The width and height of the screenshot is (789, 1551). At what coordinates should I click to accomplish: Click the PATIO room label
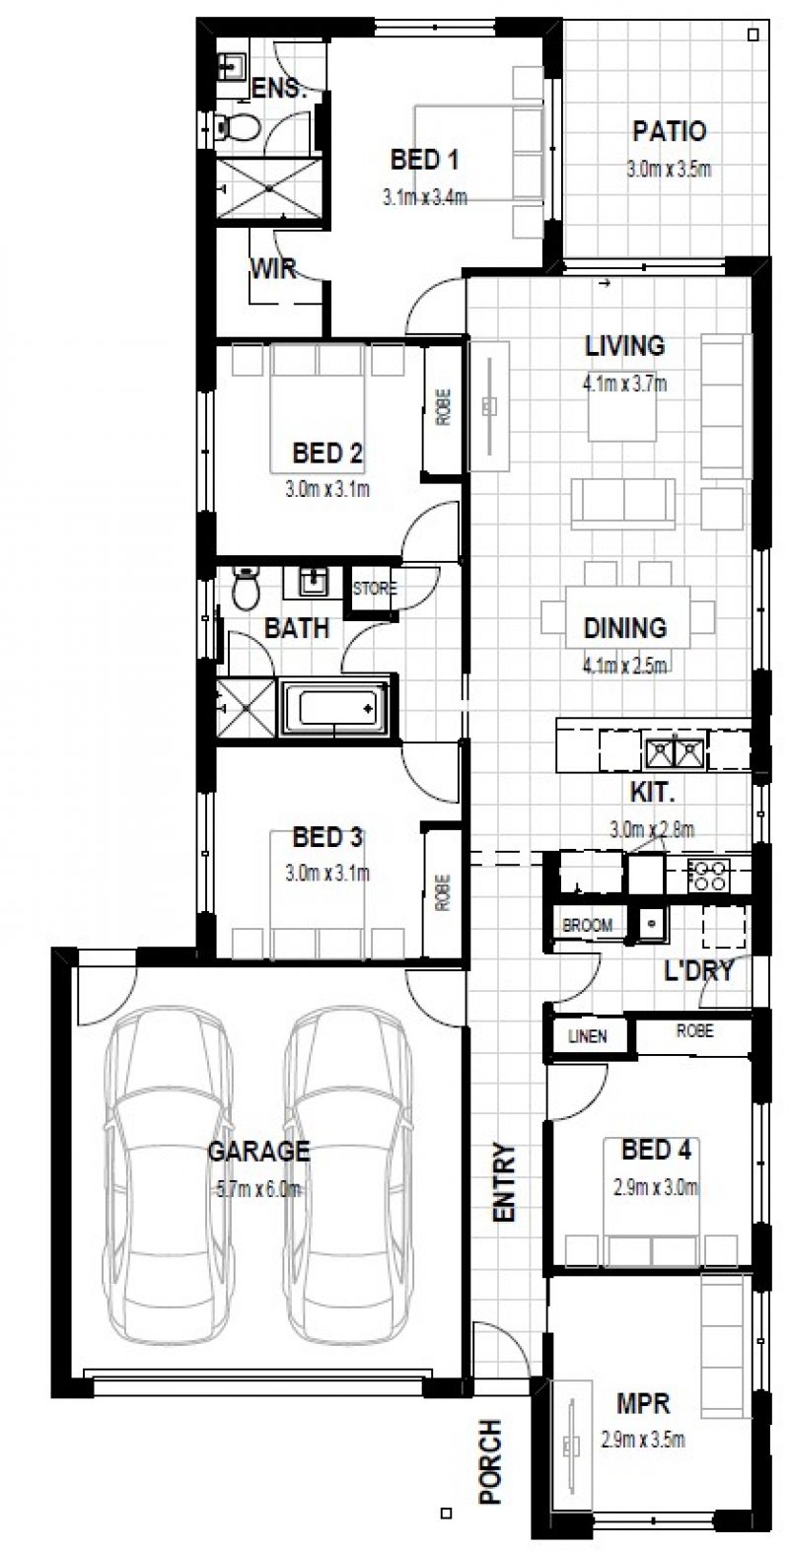[669, 131]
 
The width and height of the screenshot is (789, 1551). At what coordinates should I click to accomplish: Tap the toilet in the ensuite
[237, 125]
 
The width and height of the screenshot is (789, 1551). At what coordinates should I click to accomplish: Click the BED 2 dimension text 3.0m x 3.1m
[327, 488]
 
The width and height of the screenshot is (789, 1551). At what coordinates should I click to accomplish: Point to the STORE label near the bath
[375, 590]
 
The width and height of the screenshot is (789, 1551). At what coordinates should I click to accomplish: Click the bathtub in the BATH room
[334, 706]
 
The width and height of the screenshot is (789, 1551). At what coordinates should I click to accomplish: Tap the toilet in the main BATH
[245, 591]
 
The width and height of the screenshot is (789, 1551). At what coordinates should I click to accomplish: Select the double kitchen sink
[674, 752]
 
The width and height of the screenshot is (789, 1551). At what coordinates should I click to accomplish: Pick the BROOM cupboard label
[587, 925]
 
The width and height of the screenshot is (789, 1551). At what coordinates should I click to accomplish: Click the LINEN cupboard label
[587, 1035]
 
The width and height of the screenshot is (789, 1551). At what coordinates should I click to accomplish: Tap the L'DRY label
[698, 971]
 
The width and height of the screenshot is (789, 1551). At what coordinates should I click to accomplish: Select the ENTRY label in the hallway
[504, 1183]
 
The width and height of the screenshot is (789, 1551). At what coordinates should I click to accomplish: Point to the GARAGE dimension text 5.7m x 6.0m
[258, 1190]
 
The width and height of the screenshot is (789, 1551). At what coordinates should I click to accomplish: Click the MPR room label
[643, 1401]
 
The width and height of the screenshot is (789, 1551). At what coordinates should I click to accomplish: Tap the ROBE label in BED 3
[440, 892]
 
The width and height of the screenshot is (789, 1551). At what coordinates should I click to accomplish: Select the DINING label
[624, 627]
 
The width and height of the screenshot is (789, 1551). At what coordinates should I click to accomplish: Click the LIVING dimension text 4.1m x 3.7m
[624, 385]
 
